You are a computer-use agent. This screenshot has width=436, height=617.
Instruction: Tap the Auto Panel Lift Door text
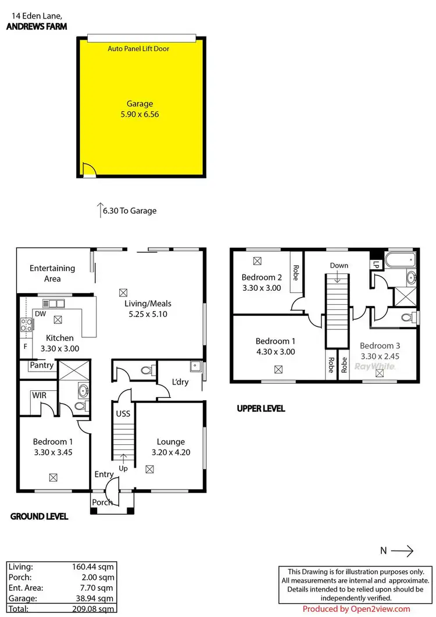tap(138, 49)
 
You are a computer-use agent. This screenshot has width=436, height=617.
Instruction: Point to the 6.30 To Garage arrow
tap(100, 210)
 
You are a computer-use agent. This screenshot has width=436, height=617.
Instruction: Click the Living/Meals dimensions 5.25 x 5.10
tap(148, 314)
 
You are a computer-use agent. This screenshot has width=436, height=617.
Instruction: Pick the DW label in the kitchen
tap(40, 314)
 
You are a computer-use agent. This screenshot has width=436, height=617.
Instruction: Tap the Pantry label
tap(42, 365)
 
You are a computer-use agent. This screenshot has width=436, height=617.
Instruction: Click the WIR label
tap(40, 395)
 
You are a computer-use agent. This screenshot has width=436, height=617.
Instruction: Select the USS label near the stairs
tap(123, 413)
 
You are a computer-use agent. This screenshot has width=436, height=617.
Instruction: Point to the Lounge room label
tap(171, 442)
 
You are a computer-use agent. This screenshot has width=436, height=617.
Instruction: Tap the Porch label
tap(102, 502)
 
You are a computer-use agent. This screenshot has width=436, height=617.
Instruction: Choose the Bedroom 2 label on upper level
tap(261, 277)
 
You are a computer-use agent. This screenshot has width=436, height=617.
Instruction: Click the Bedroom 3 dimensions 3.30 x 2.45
tap(380, 355)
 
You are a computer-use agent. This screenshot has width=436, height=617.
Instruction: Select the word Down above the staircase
tap(339, 265)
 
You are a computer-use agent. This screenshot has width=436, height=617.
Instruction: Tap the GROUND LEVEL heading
tap(40, 516)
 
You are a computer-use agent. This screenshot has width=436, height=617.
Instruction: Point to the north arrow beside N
tap(402, 550)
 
